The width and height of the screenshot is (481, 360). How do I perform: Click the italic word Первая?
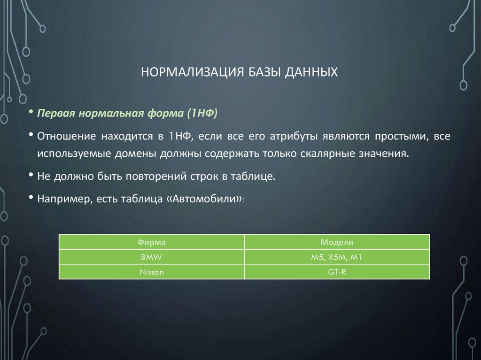click(56, 114)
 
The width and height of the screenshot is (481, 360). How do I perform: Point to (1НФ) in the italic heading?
click(202, 114)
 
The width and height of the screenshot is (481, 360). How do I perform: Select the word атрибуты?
click(293, 137)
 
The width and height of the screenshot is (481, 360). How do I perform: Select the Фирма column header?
click(151, 242)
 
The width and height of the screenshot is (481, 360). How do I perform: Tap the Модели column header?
click(337, 242)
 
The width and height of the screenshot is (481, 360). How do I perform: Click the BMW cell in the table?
click(151, 257)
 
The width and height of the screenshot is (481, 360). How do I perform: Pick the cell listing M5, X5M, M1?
click(337, 257)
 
